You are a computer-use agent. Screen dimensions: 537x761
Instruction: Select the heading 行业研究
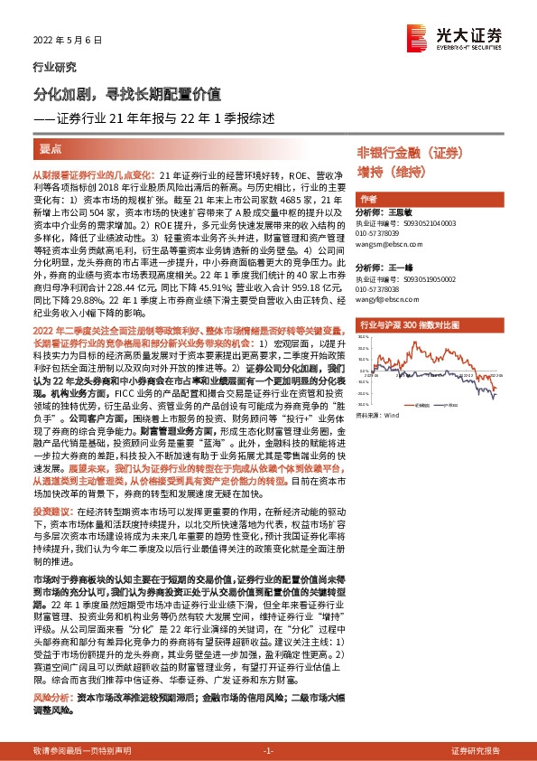click(54, 67)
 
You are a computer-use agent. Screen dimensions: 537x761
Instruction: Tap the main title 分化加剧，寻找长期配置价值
click(125, 93)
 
